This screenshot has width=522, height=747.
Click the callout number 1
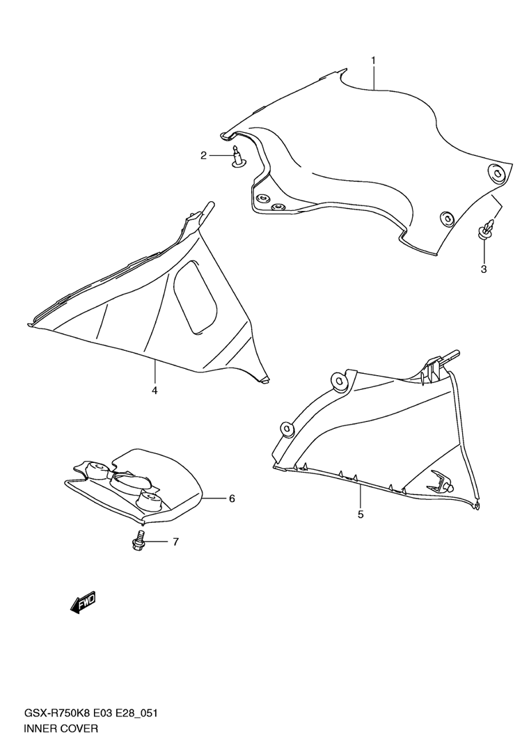point(373,61)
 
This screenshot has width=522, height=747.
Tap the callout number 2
point(204,156)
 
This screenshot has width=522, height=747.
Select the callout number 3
point(483,269)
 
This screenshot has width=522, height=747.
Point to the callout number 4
point(155,390)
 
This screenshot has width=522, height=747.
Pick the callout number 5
point(361,514)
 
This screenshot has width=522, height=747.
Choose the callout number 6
point(232,498)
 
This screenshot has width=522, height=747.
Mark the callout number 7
point(175,542)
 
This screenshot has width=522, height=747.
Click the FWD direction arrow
point(83,602)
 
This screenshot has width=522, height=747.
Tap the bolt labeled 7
point(138,542)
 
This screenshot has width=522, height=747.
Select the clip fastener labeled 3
point(487,230)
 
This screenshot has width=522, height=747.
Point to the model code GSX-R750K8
point(60,714)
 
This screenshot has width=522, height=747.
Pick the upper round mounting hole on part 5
point(341,379)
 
